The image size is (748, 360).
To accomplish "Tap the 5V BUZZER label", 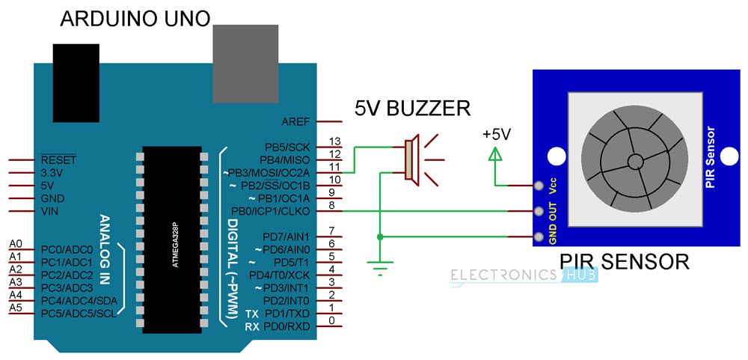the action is coord(412,109).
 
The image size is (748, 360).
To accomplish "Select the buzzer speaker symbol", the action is coord(411,159).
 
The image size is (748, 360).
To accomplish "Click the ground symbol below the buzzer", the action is coord(380,269).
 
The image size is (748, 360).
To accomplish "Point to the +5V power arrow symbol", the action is coord(496,153).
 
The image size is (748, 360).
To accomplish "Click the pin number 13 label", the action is coord(335,141).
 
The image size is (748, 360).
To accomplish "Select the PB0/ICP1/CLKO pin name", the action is coord(269,211).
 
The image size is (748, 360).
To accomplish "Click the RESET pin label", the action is coord(59,159).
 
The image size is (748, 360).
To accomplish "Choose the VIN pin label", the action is coord(50,211).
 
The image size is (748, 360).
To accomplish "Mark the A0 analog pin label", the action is coord(15,243).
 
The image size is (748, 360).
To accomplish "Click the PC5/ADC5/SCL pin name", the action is coord(79,314).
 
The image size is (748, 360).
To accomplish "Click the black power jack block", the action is coord(76,83).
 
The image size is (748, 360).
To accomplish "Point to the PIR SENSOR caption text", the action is coord(625,262).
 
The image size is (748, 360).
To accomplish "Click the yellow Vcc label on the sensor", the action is coord(554,186).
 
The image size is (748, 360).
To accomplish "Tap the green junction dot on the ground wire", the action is coord(380,237).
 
